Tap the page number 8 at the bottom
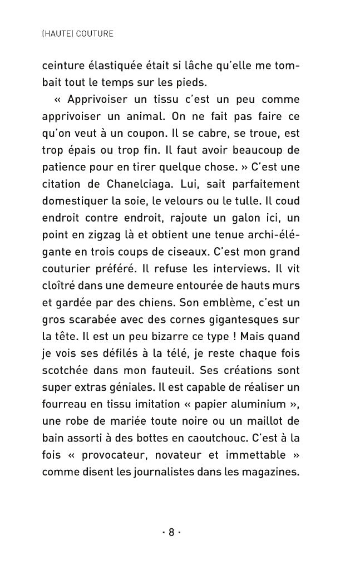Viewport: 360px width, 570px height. (171, 532)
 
